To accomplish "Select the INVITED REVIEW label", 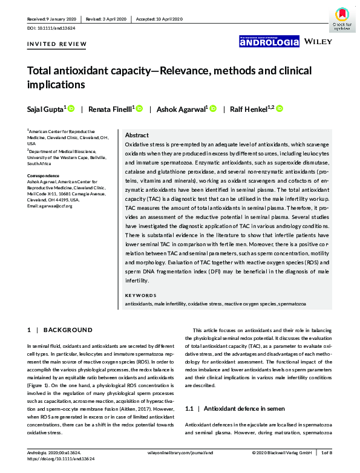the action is coord(57,44).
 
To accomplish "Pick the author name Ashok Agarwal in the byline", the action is coord(182,109).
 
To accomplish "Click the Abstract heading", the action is coord(136,135).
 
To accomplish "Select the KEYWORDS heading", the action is coord(140,295).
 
